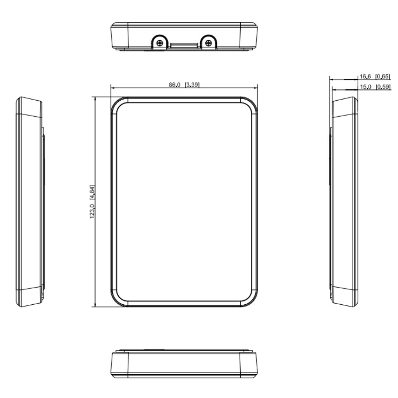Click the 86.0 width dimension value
(175, 85)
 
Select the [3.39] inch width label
(192, 85)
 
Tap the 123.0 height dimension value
(92, 211)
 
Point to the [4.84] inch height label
(92, 192)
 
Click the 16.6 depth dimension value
(365, 77)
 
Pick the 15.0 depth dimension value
(365, 87)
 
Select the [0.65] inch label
(383, 77)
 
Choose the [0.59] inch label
(383, 87)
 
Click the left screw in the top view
(160, 43)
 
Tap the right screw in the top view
(208, 43)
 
